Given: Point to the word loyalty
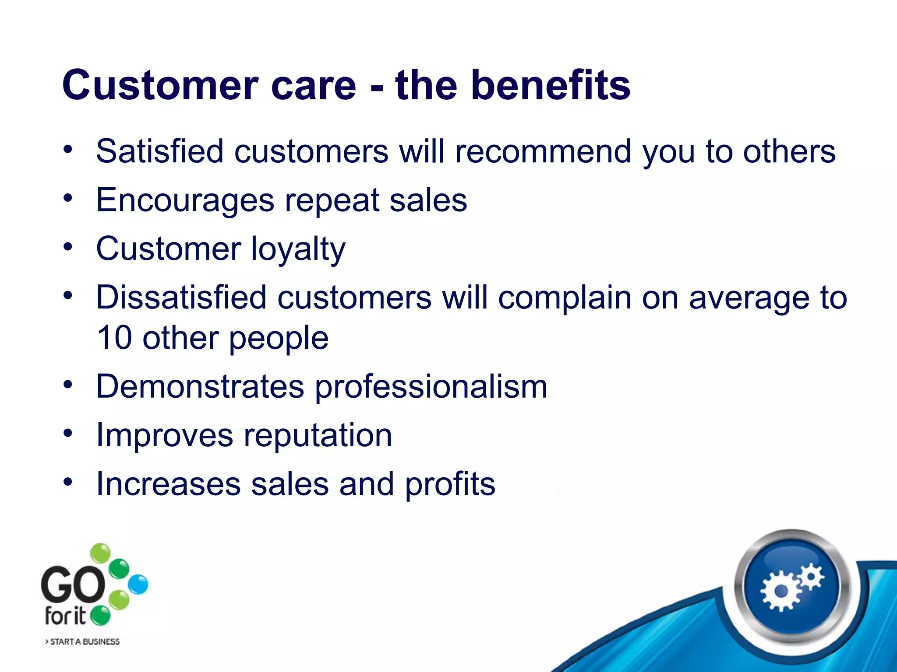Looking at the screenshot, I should pos(298,249).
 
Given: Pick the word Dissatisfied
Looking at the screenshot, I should pos(181,297).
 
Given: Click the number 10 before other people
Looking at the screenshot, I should pos(114,338).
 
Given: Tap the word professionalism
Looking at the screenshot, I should pos(431,387).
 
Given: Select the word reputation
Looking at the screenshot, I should pos(318,436).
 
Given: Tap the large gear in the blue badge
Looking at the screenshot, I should pos(781,591).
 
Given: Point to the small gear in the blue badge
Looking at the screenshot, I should pos(811,576).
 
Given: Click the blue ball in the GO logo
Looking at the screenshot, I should pos(138,584).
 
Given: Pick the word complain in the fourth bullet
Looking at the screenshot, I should pos(565,297).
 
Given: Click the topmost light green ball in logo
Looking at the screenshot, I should pos(100,553).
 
